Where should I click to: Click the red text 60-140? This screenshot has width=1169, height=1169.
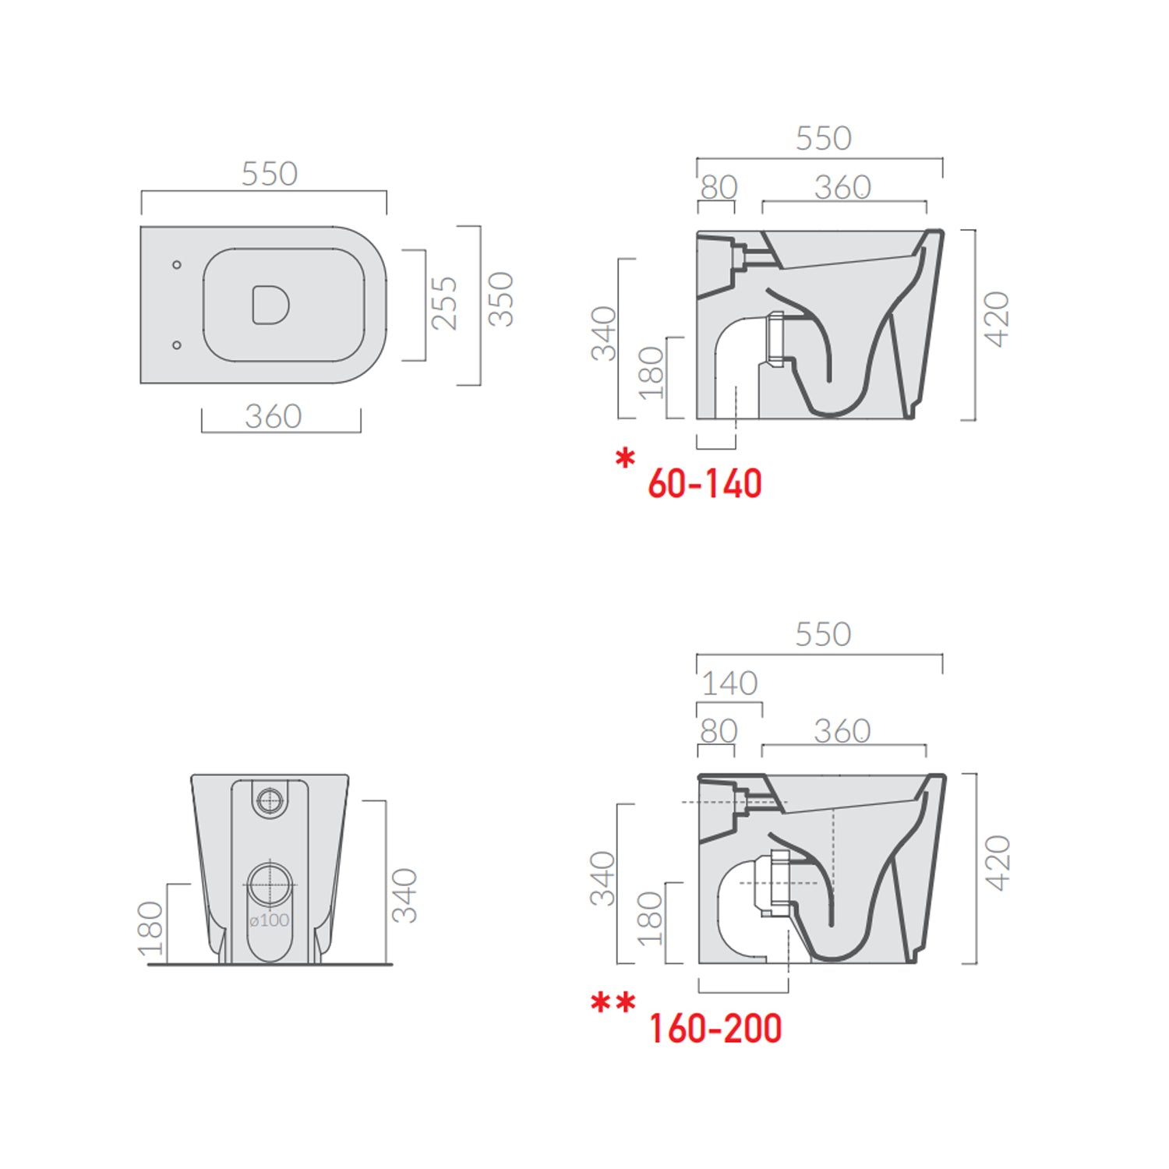[x=705, y=484]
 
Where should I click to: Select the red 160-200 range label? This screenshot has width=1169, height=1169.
[x=715, y=1029]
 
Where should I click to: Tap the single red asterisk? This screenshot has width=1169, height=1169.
[x=625, y=458]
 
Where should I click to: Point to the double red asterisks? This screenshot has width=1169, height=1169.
[x=613, y=1002]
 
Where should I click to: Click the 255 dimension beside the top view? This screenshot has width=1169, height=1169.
[x=444, y=303]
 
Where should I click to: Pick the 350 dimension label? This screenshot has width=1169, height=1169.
[x=500, y=298]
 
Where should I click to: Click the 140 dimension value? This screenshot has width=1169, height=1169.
[x=729, y=683]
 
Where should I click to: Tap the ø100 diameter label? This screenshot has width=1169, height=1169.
[x=269, y=920]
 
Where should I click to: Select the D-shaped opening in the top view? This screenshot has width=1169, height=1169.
[x=270, y=305]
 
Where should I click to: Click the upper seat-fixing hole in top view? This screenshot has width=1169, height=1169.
[x=177, y=265]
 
